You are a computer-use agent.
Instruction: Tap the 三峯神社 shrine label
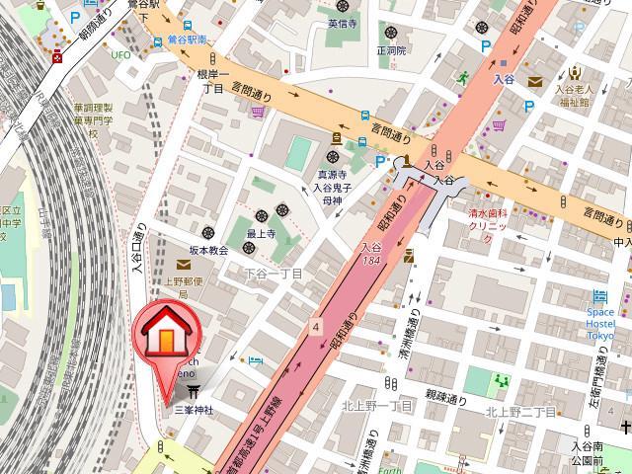tap(193, 409)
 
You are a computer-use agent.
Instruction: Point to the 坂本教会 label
tap(208, 250)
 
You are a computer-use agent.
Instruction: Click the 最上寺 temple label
tap(260, 233)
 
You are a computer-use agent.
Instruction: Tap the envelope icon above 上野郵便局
tap(184, 264)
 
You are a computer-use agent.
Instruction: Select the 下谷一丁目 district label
tap(274, 273)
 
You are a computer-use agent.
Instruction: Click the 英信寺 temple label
tap(341, 22)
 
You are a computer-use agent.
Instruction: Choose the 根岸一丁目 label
tap(211, 81)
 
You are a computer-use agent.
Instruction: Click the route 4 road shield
tap(315, 325)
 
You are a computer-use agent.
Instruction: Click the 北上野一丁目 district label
tap(377, 406)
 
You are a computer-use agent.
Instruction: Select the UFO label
tap(120, 54)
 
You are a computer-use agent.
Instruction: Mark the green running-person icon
tap(460, 76)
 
